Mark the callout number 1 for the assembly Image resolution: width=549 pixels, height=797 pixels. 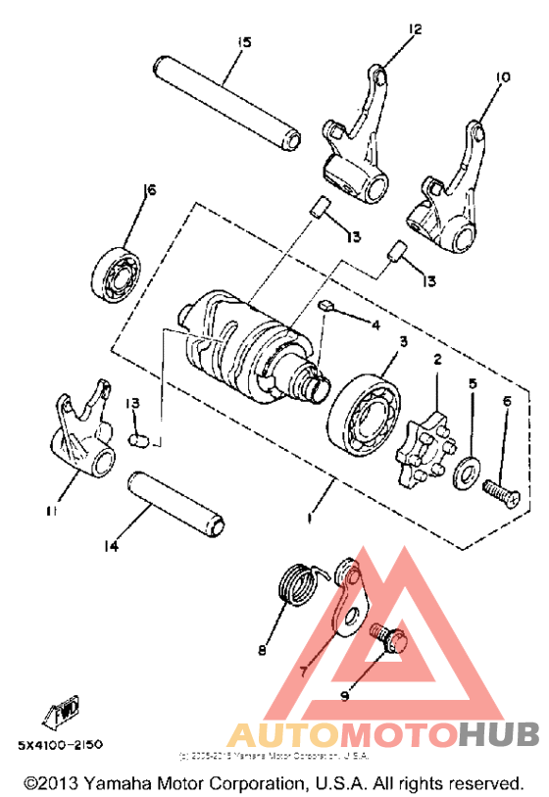click(312, 517)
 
